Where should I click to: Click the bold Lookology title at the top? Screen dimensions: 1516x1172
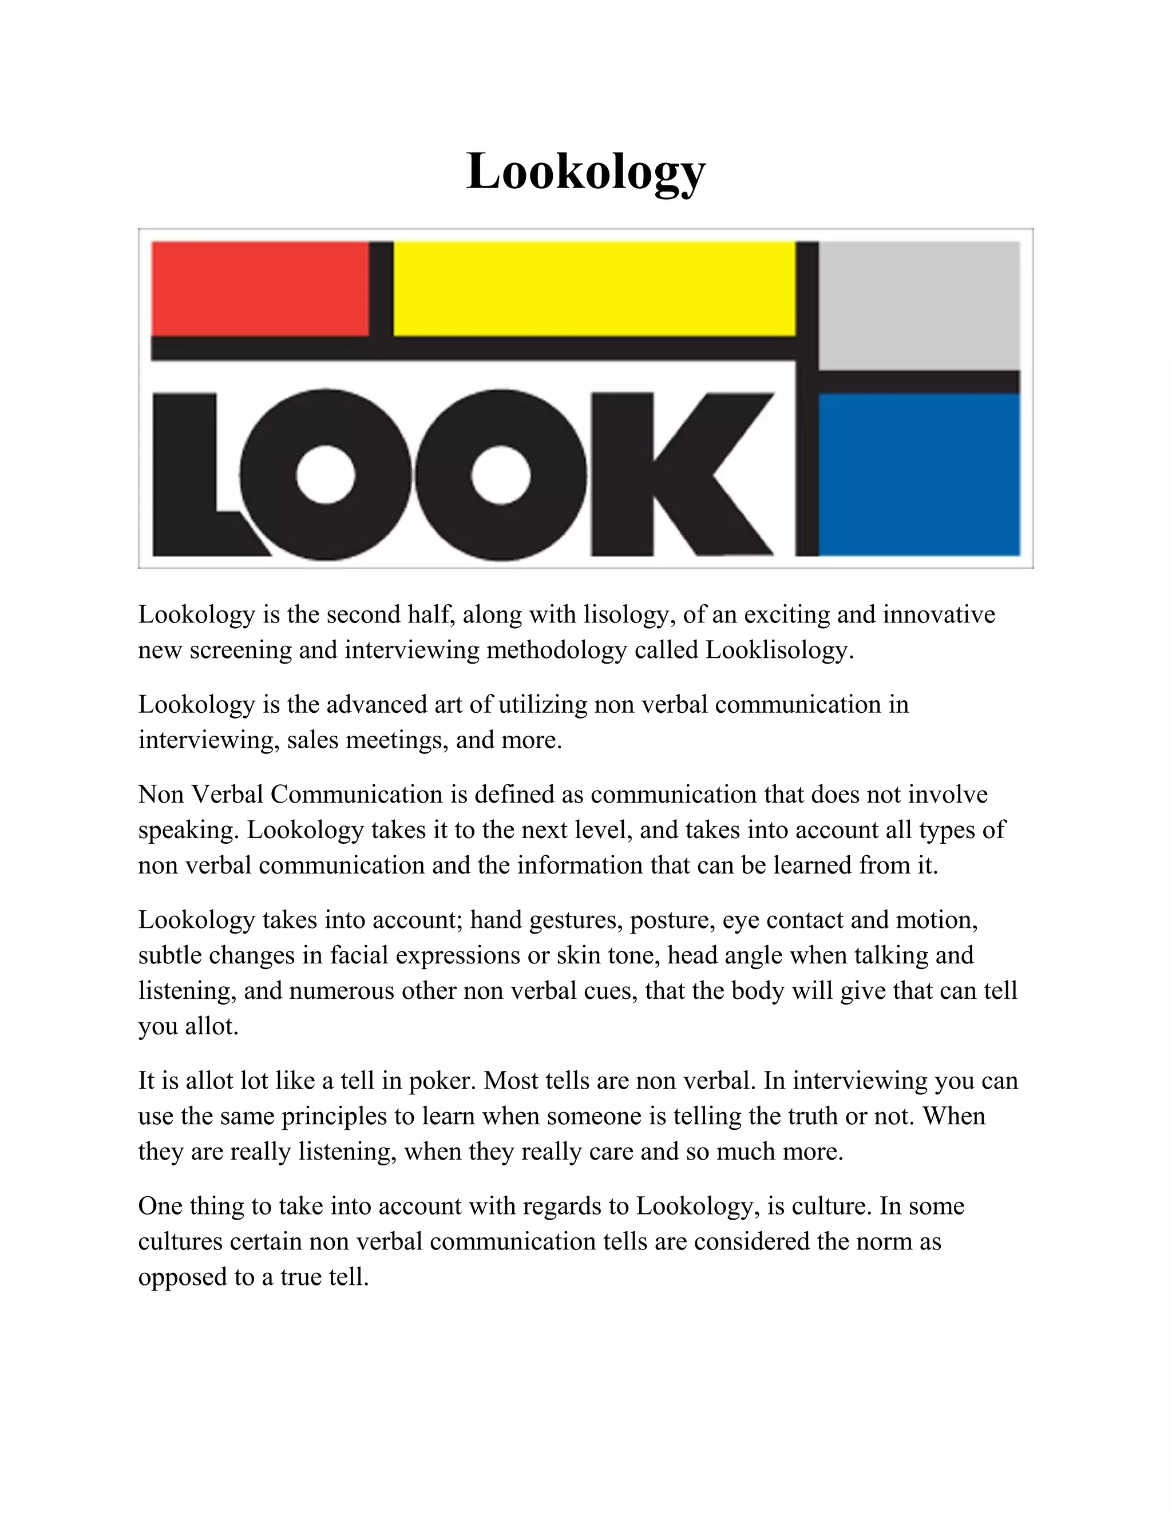(586, 172)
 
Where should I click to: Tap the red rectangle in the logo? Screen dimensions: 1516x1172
(260, 288)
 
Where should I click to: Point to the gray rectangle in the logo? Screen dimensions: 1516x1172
(918, 305)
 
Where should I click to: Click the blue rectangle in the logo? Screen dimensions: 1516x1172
(918, 474)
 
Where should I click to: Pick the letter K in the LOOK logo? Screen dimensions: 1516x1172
(680, 474)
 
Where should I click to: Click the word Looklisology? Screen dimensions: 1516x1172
(778, 650)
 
